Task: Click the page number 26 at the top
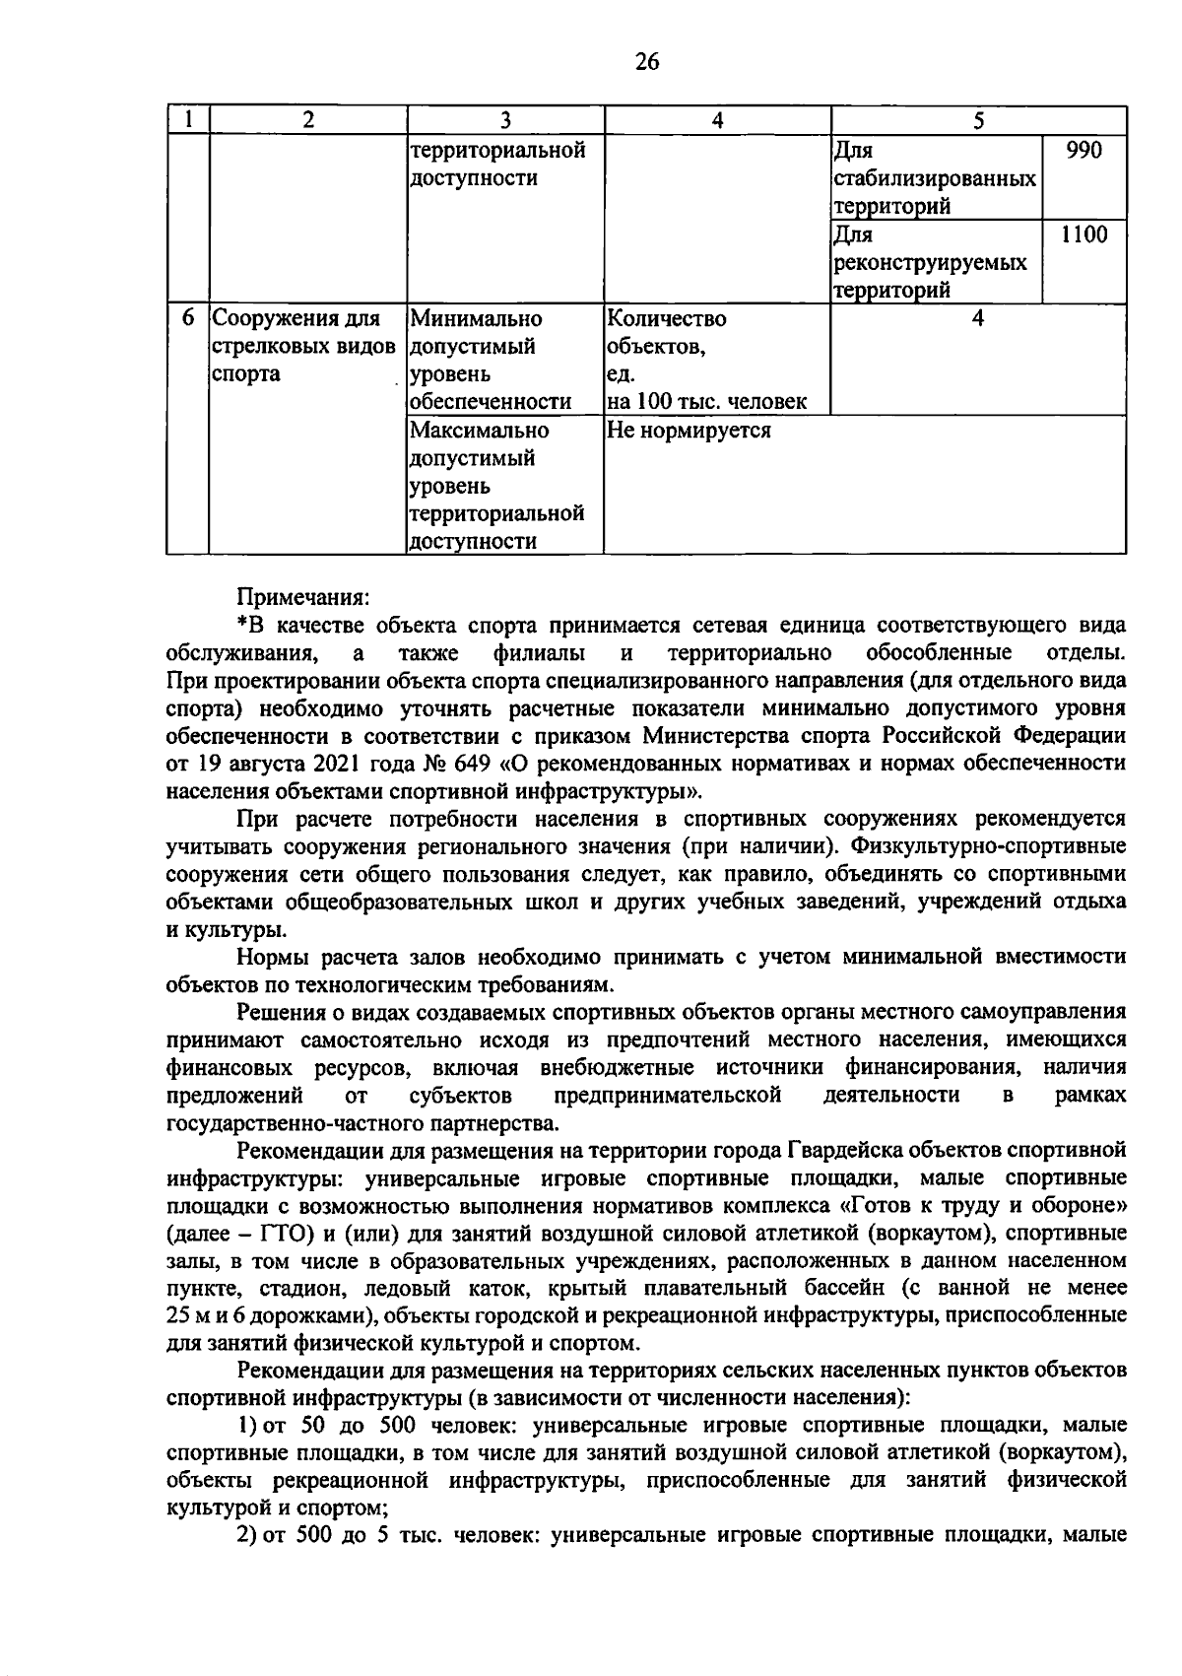click(x=646, y=62)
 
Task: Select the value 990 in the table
click(x=1083, y=150)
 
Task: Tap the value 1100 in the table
click(x=1083, y=235)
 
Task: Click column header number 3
click(x=504, y=120)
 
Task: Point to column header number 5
click(x=978, y=120)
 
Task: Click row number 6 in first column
click(x=188, y=318)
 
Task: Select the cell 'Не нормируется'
click(x=689, y=431)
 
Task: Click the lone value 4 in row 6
click(x=978, y=318)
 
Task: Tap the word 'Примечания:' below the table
click(x=302, y=597)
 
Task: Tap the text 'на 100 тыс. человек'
click(x=706, y=402)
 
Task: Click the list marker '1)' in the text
click(x=247, y=1426)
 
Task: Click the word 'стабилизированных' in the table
click(x=934, y=178)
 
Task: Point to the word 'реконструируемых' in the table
click(x=930, y=263)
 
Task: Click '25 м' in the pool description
click(x=191, y=1316)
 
